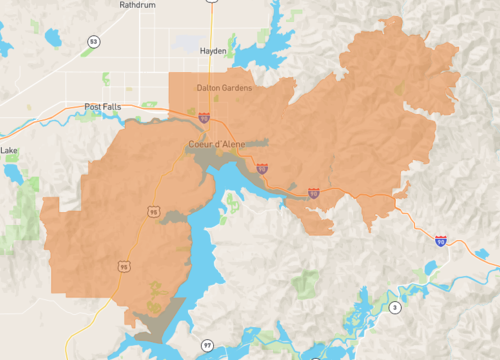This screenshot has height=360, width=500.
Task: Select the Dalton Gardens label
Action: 224,87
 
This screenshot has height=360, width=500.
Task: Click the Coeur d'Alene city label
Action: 216,144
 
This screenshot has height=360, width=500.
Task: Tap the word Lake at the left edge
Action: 9,151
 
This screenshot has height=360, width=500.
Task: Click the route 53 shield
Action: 93,41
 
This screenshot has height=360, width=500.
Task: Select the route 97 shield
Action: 207,345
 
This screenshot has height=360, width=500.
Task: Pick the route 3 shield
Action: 395,307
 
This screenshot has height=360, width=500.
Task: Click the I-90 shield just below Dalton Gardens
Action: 204,118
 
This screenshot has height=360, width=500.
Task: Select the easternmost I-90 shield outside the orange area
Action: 441,241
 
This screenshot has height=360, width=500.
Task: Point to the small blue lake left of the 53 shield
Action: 8,47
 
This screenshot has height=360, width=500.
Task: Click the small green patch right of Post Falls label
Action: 150,104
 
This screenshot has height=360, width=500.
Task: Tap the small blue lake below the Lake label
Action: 14,174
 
